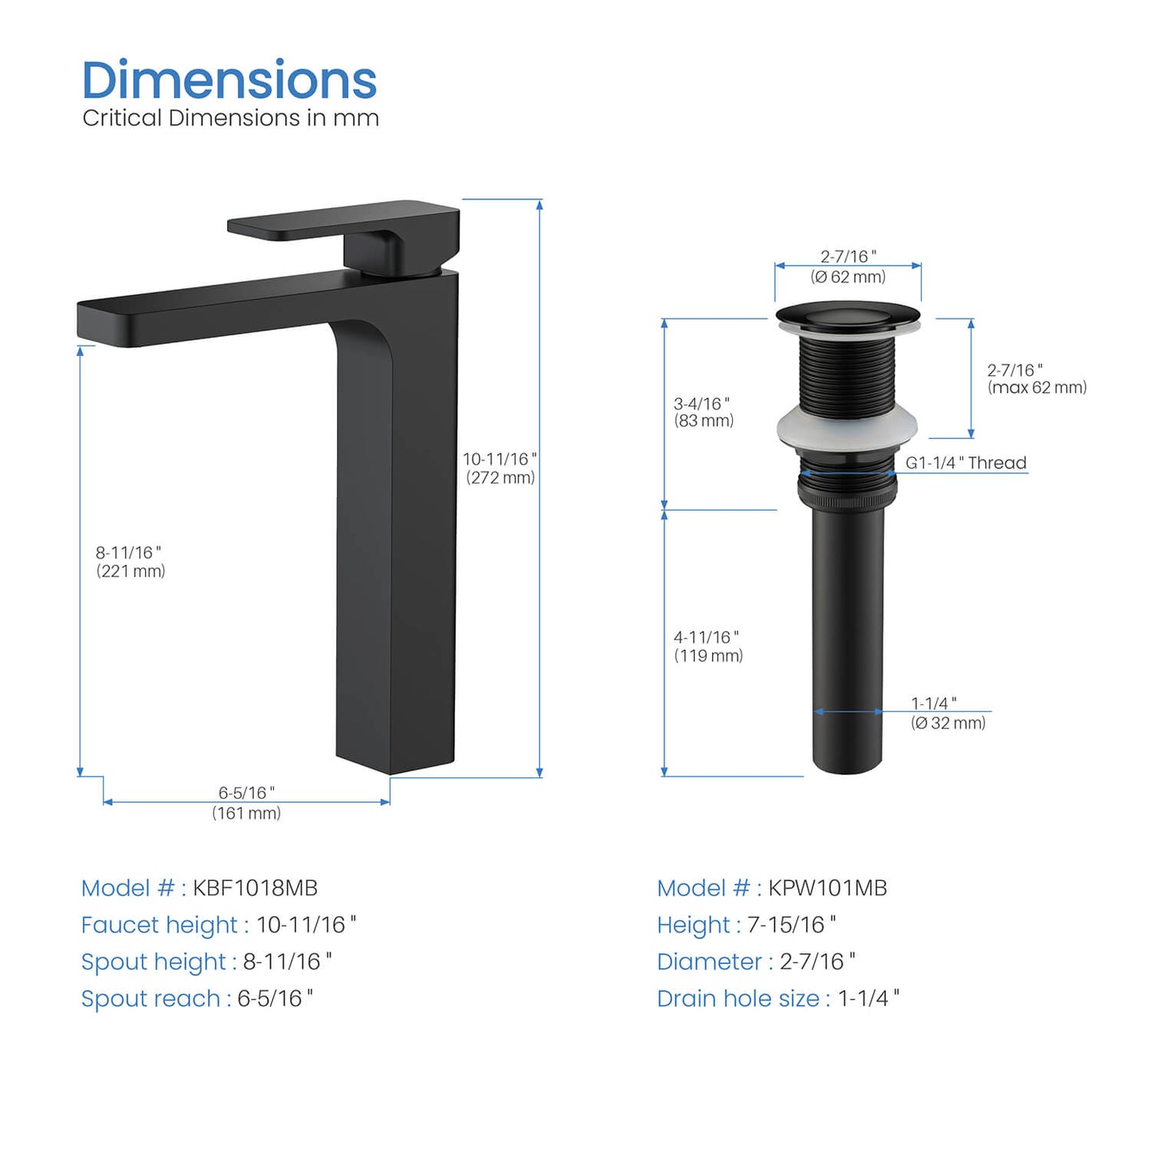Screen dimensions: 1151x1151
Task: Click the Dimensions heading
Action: pos(229,80)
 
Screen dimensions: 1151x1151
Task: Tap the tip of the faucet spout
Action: pos(80,323)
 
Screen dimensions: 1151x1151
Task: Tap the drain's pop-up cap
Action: pos(848,316)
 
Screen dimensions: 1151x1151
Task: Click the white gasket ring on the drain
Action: pos(848,428)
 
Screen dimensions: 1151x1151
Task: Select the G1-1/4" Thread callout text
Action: pos(966,463)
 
